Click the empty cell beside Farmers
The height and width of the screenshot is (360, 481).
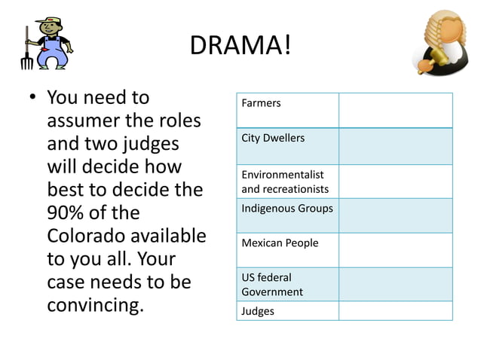pos(395,110)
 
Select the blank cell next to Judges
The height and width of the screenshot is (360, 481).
pos(395,311)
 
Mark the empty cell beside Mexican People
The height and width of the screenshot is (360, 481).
pos(395,250)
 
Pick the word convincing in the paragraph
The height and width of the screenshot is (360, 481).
pos(95,307)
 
